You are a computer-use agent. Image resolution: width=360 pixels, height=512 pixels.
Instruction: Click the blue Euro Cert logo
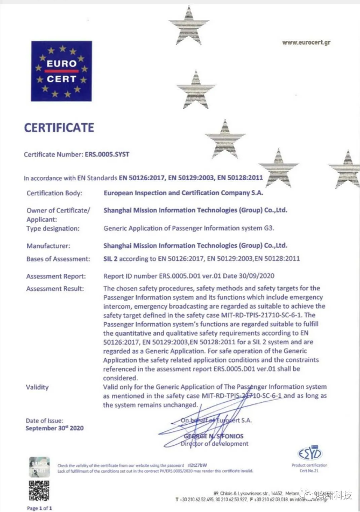(61, 72)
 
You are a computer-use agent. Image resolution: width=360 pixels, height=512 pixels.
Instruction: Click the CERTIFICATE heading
(59, 128)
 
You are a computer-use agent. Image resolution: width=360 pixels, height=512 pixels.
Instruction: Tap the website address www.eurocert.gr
(306, 42)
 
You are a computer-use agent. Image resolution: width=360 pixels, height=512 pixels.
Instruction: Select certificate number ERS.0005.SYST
(108, 154)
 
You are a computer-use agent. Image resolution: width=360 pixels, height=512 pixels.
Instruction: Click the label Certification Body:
(54, 193)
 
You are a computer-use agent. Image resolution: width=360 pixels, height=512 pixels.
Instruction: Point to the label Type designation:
(53, 228)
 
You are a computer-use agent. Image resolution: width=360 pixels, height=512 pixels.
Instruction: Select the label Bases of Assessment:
(58, 259)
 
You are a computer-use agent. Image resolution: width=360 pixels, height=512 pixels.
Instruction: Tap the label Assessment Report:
(56, 276)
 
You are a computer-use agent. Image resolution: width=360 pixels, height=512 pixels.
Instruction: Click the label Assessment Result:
(55, 289)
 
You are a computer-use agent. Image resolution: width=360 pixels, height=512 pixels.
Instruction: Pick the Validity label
(37, 387)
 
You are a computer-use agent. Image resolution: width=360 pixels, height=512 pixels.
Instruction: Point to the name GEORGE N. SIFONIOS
(214, 436)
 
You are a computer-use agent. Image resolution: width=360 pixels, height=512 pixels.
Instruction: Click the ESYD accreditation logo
(309, 454)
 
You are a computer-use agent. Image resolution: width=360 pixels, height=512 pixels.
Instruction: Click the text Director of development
(215, 444)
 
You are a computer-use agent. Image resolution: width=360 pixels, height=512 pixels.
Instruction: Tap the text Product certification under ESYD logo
(309, 465)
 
